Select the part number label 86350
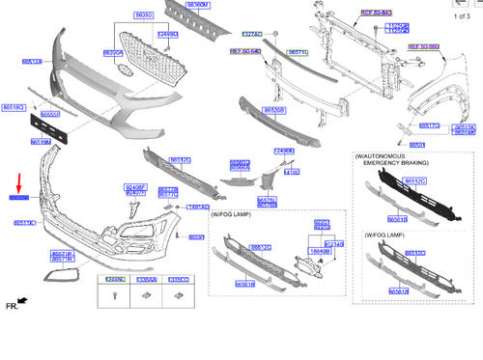(144, 16)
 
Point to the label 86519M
(41, 141)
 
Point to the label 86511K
(25, 223)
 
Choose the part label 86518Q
(14, 107)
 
